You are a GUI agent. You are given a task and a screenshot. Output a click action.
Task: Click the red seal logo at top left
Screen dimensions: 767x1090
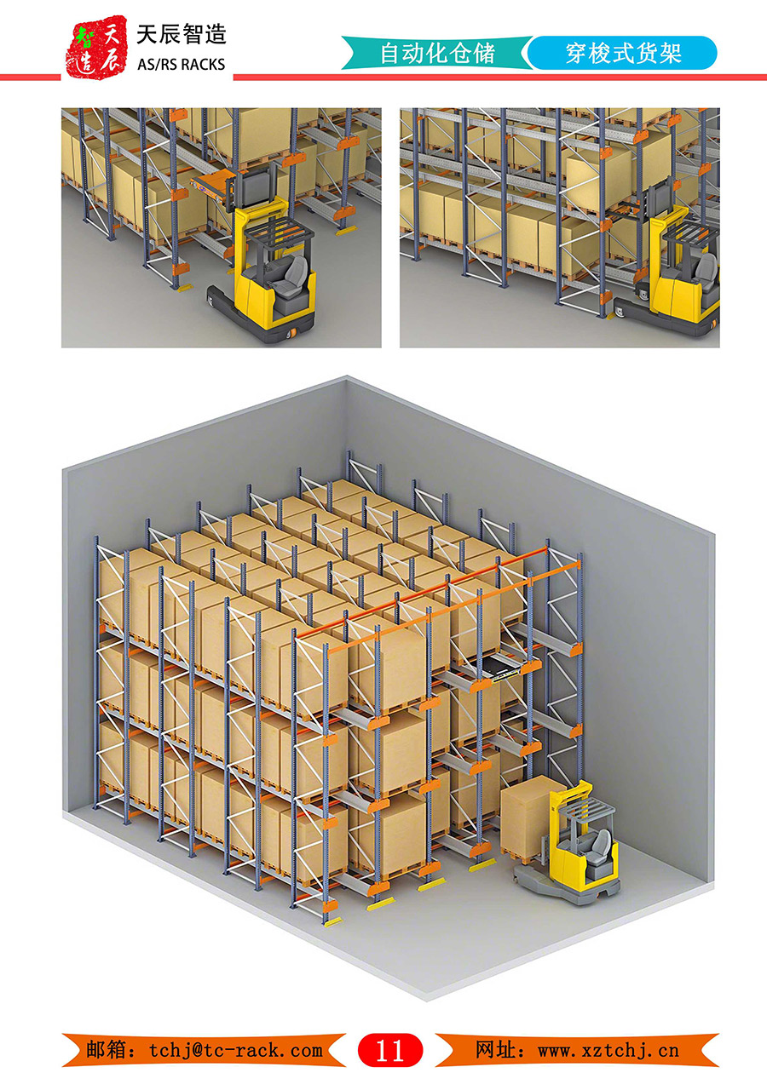96,47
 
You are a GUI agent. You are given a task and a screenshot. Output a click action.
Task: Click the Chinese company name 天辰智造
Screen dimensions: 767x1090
182,35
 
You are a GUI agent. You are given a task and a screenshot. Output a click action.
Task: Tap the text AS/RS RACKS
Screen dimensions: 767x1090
182,65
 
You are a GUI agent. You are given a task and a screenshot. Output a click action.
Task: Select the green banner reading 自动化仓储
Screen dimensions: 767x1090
437,53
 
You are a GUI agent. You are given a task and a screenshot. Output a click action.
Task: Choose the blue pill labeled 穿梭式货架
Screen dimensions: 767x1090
622,53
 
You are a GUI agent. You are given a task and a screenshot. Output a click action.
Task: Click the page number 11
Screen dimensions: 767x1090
390,1050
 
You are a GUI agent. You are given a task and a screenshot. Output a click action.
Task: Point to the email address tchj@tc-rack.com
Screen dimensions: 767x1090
236,1050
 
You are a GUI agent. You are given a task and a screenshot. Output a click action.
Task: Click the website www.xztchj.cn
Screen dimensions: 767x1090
608,1050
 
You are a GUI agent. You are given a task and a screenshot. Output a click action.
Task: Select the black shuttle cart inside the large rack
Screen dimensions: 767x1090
506,665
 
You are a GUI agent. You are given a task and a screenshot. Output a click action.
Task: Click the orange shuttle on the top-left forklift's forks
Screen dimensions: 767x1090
210,187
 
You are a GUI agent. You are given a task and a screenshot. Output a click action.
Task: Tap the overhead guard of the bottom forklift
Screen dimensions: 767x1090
585,807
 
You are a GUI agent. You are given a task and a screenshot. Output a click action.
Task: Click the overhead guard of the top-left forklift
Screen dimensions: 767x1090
278,228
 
